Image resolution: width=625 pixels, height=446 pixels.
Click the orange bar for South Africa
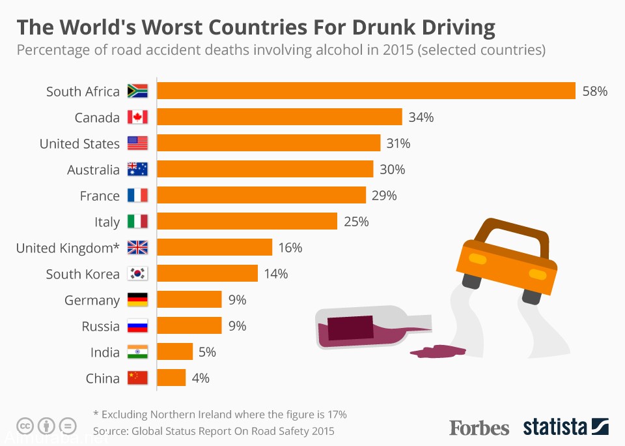click(366, 91)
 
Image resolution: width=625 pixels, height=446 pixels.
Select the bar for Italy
click(247, 221)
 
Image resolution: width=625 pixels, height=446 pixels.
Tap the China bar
click(171, 378)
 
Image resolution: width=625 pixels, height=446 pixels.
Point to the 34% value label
click(421, 117)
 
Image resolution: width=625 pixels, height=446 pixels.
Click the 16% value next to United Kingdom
click(290, 248)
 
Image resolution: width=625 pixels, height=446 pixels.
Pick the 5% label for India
click(207, 352)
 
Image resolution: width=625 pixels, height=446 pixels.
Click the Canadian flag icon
click(138, 117)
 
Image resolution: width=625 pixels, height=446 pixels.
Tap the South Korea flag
click(138, 274)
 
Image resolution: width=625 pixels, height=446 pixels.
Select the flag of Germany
click(138, 300)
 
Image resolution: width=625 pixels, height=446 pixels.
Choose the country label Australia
click(93, 170)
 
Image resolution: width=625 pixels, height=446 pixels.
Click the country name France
click(100, 196)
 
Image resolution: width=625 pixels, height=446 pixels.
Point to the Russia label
click(100, 327)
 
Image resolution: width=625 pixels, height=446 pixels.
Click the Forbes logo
click(479, 428)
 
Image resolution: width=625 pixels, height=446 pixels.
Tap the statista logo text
click(555, 428)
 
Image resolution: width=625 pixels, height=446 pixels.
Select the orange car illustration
click(508, 261)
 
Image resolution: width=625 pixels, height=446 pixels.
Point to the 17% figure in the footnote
click(336, 414)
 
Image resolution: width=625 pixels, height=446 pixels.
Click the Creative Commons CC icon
click(25, 426)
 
